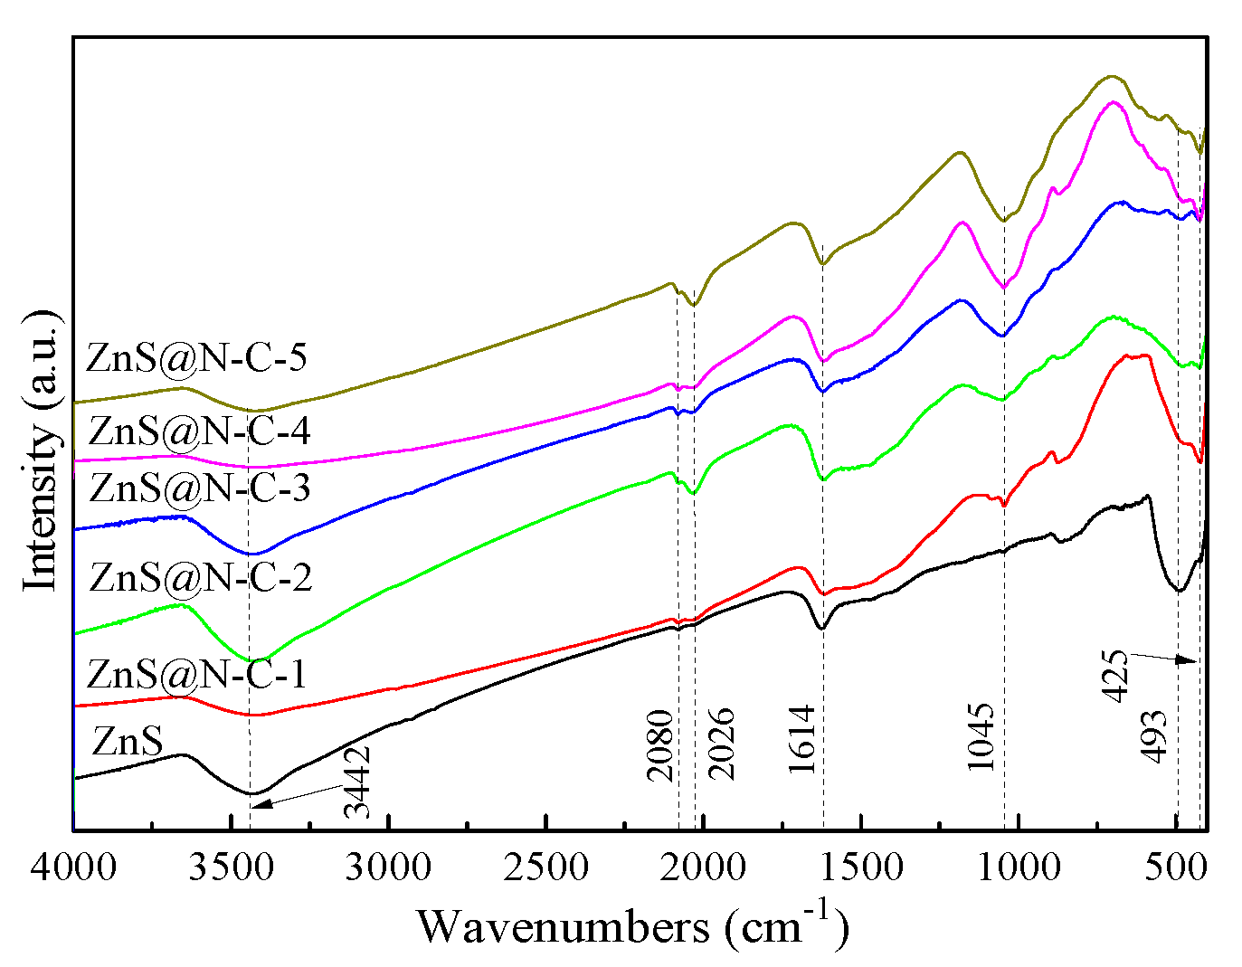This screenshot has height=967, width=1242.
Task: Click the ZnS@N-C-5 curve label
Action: click(196, 358)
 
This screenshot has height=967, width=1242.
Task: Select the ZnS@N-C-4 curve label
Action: click(200, 431)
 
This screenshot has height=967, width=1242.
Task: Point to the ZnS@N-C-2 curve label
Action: click(201, 577)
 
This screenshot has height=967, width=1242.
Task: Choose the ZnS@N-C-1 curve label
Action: click(196, 674)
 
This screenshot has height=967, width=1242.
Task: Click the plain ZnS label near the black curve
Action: click(128, 742)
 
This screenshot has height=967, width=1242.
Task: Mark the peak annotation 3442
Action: click(357, 781)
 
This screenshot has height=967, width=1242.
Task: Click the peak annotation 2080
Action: click(660, 745)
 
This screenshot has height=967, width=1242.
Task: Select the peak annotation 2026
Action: click(721, 744)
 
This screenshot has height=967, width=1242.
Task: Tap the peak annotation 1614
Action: click(802, 739)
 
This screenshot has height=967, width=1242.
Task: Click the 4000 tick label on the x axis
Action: click(73, 867)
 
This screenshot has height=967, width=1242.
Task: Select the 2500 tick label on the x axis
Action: click(545, 867)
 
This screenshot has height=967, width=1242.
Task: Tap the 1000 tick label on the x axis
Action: click(1019, 867)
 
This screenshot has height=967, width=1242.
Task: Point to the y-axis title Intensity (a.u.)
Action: click(42, 450)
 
